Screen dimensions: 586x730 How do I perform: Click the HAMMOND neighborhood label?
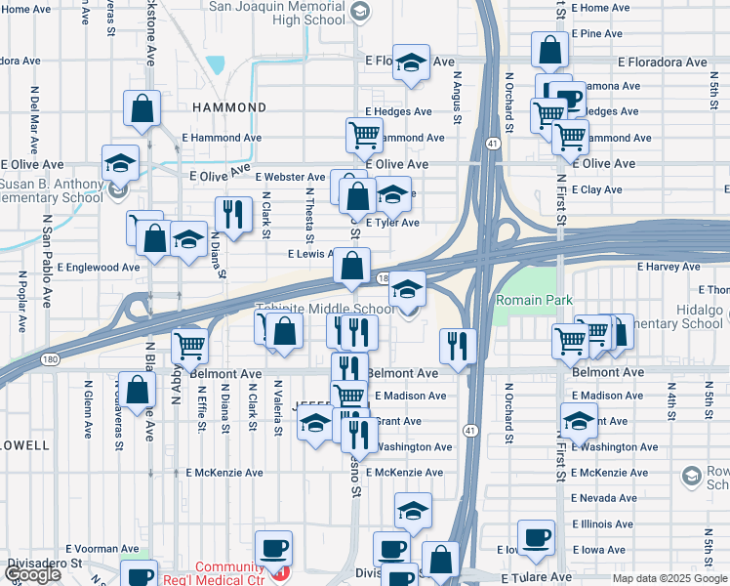[x=229, y=107]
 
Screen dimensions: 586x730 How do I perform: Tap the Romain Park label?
[x=533, y=300]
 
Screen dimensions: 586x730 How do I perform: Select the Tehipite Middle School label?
[x=325, y=310]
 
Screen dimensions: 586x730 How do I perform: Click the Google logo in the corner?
[x=32, y=574]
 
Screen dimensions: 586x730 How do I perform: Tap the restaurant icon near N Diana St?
[x=232, y=215]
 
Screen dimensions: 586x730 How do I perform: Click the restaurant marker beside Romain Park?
[x=456, y=345]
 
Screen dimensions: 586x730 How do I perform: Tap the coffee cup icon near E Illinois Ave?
[x=535, y=537]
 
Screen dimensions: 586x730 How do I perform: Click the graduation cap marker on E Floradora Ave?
[x=412, y=62]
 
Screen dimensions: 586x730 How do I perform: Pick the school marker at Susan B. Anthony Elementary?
[x=121, y=163]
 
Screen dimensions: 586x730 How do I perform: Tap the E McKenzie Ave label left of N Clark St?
[x=224, y=473]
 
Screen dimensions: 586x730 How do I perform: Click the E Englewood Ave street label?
[x=99, y=267]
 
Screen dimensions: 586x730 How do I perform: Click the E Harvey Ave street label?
[x=669, y=267]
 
